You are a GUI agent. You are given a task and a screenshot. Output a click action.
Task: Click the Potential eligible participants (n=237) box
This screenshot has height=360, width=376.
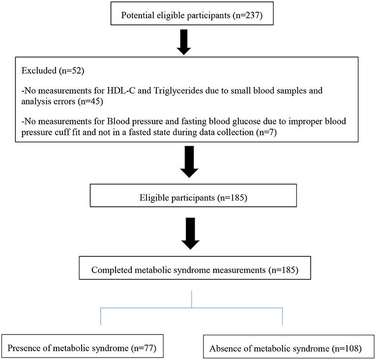click(192, 13)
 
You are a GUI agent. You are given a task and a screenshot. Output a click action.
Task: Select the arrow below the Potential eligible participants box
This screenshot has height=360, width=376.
click(184, 42)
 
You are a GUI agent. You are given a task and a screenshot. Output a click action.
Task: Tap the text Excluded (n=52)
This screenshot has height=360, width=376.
click(53, 70)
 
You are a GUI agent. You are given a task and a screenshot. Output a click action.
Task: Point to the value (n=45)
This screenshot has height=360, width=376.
click(90, 101)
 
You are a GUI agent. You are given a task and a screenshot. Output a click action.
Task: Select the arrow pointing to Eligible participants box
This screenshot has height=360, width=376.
click(189, 162)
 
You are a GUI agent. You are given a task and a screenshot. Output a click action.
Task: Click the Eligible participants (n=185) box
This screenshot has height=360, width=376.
click(193, 195)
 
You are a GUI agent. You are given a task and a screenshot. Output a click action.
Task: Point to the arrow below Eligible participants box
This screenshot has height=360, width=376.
click(190, 233)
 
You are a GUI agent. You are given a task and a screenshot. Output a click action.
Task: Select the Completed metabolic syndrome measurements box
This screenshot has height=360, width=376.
click(195, 268)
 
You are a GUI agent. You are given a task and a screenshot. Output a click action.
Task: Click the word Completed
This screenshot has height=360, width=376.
click(112, 270)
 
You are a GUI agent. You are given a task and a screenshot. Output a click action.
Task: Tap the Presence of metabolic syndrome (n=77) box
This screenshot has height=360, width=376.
click(83, 346)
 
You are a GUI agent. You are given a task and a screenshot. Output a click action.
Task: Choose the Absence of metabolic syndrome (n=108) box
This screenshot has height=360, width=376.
click(289, 347)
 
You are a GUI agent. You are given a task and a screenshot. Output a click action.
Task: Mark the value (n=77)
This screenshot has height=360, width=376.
click(144, 348)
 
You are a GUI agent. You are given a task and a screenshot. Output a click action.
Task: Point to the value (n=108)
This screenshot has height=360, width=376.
click(347, 349)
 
